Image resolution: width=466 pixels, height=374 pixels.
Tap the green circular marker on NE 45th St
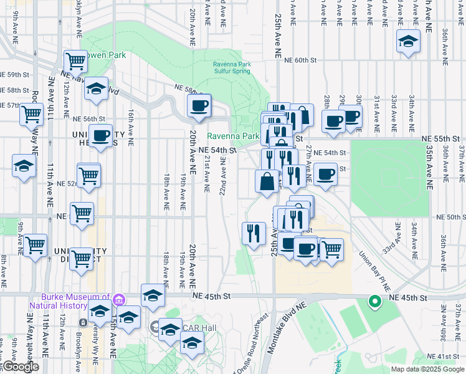(374, 302)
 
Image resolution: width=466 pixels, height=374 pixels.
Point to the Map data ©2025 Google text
(427, 369)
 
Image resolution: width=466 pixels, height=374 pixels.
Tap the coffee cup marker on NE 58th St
(199, 106)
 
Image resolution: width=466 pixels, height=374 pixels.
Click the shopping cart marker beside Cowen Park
(75, 62)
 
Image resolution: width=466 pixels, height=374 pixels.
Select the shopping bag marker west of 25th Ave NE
(267, 182)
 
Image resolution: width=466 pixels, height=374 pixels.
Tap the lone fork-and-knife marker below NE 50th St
(254, 234)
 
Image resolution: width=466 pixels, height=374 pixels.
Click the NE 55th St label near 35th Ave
(440, 138)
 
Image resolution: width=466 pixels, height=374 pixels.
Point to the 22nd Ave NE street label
(222, 176)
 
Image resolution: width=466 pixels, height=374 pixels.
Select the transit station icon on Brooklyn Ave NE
(83, 322)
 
